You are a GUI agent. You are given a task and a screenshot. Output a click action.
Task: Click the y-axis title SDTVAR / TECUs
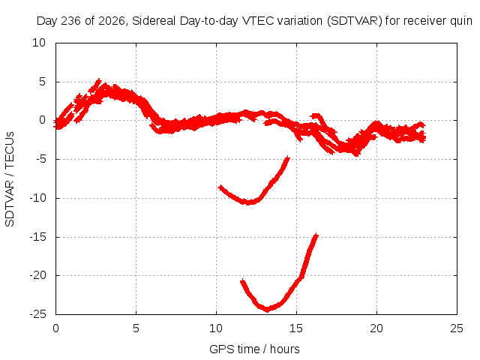click(x=10, y=179)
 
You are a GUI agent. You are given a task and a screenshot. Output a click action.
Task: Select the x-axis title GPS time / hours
click(x=254, y=349)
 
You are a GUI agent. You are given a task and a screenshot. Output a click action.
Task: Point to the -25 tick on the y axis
click(x=38, y=314)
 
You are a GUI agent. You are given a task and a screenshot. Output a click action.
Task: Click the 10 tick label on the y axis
click(x=39, y=43)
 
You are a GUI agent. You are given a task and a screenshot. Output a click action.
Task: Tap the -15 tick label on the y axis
click(x=38, y=237)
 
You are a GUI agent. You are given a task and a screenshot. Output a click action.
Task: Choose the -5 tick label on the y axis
click(x=40, y=159)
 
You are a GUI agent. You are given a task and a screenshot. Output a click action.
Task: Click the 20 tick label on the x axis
click(x=376, y=328)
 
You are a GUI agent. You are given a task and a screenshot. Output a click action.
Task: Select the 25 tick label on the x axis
click(x=457, y=328)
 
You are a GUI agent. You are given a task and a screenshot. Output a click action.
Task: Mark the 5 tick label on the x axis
click(x=136, y=328)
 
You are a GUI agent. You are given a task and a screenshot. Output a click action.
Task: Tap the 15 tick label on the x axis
click(x=296, y=328)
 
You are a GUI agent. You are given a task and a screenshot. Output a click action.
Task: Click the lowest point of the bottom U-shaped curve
click(x=268, y=310)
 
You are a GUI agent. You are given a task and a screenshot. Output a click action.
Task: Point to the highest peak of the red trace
click(x=98, y=79)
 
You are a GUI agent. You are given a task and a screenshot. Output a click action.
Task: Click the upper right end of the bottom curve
click(x=316, y=235)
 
